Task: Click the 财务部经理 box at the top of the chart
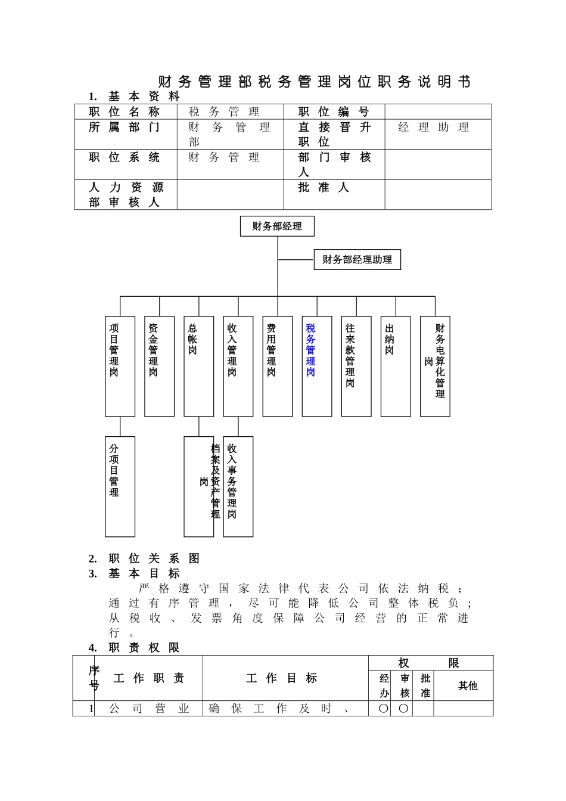(277, 226)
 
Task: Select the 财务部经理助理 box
(357, 260)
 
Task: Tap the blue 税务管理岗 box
(316, 366)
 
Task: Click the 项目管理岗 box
(120, 366)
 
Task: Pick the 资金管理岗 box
(159, 366)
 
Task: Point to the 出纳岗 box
(395, 366)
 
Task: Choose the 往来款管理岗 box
(356, 366)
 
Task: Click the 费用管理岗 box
(277, 366)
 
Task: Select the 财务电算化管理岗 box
(434, 366)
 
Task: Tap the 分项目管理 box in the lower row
(120, 486)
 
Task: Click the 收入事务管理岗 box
(238, 486)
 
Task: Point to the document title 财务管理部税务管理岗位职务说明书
(314, 82)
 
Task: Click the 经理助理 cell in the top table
(434, 128)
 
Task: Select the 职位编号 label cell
(334, 112)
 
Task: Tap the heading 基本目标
(144, 573)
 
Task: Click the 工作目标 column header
(282, 678)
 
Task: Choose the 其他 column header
(468, 686)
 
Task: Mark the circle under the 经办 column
(384, 709)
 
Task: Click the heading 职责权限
(144, 648)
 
